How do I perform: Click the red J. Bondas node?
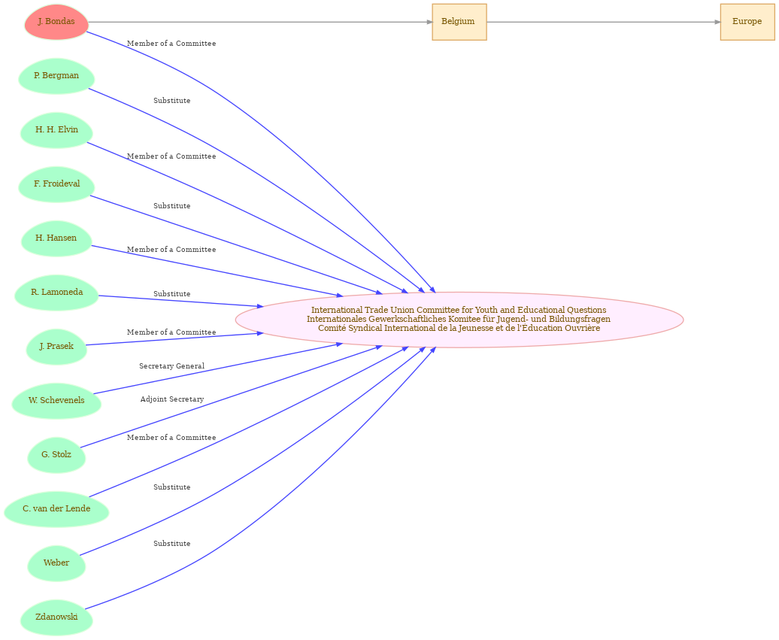pyautogui.click(x=56, y=22)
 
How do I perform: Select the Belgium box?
pyautogui.click(x=459, y=22)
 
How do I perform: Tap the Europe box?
pyautogui.click(x=747, y=22)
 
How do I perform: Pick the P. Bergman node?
pyautogui.click(x=56, y=76)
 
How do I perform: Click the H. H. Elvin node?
pyautogui.click(x=56, y=130)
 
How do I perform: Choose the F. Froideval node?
pyautogui.click(x=56, y=184)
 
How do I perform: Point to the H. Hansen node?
pyautogui.click(x=56, y=238)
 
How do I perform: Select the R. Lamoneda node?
pyautogui.click(x=56, y=293)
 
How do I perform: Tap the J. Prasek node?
pyautogui.click(x=56, y=347)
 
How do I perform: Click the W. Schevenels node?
pyautogui.click(x=56, y=401)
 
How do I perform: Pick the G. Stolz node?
pyautogui.click(x=56, y=455)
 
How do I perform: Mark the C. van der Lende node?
pyautogui.click(x=56, y=509)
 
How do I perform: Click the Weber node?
pyautogui.click(x=56, y=563)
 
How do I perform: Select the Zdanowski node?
pyautogui.click(x=56, y=617)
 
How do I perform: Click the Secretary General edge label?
pyautogui.click(x=171, y=366)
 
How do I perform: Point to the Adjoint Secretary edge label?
pyautogui.click(x=172, y=399)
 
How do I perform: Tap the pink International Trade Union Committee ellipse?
pyautogui.click(x=459, y=320)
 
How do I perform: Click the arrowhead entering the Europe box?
pyautogui.click(x=717, y=22)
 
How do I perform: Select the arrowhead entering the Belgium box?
pyautogui.click(x=429, y=22)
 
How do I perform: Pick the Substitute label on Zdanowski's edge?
pyautogui.click(x=172, y=544)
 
